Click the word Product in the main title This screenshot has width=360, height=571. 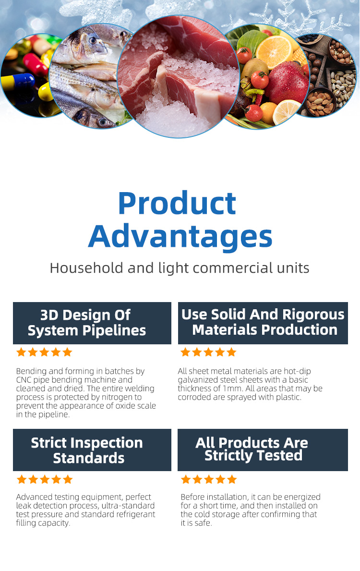[x=177, y=204]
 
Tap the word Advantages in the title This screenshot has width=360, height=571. [x=180, y=236]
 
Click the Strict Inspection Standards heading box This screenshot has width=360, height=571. [x=92, y=450]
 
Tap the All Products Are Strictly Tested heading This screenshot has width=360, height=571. [x=263, y=450]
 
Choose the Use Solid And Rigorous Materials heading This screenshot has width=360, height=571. [x=263, y=323]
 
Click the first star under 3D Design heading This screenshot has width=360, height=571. [x=22, y=352]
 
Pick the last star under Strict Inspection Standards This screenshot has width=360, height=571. [x=68, y=479]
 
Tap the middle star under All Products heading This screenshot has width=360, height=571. [x=209, y=479]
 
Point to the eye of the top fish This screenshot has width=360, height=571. [x=93, y=40]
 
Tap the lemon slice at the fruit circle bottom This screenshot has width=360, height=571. [x=286, y=112]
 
